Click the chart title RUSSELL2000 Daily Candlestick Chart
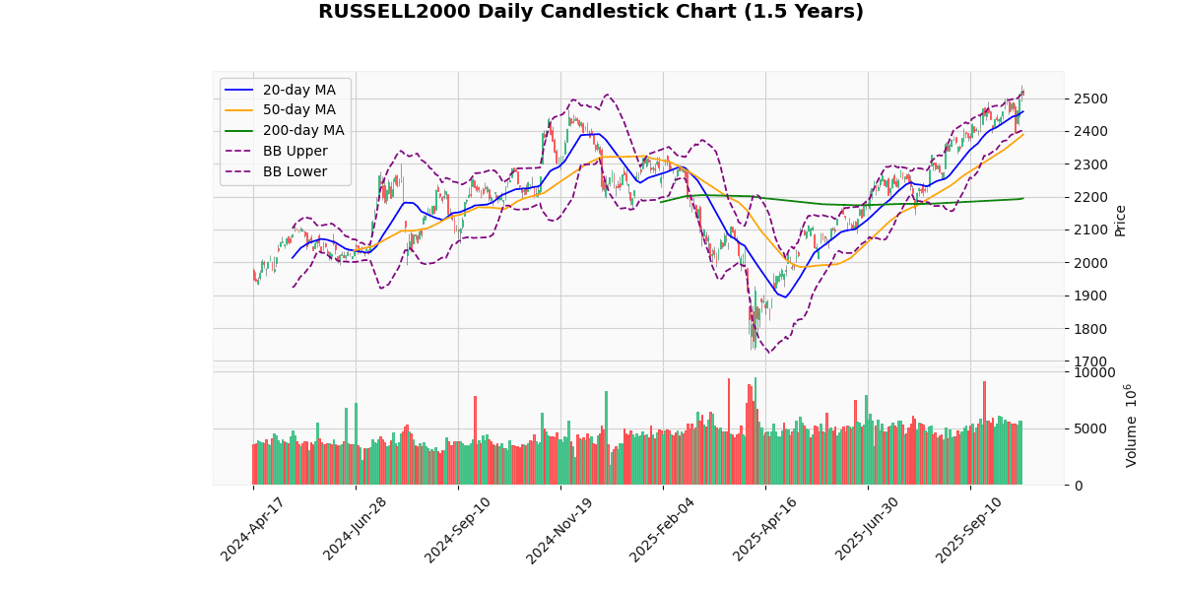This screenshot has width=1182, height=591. pos(590,12)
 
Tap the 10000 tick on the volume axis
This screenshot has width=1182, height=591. pos(1092,372)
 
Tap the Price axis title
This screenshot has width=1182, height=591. pos(1120,221)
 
